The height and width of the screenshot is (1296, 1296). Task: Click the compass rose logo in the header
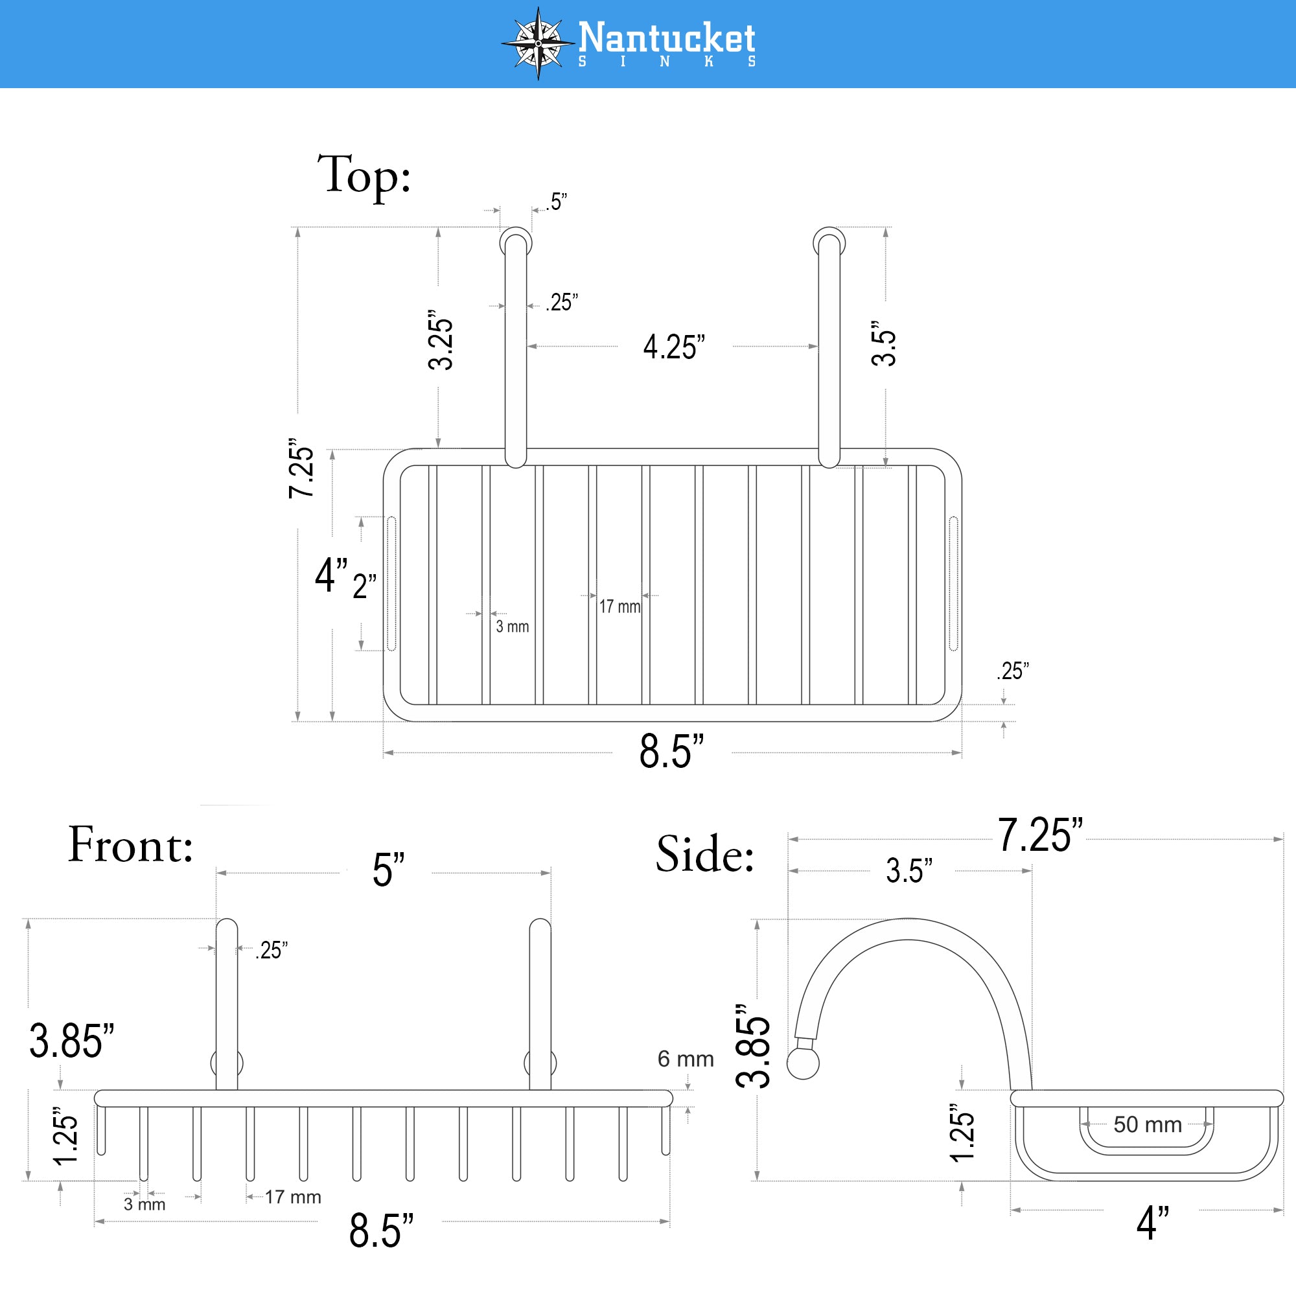click(x=538, y=43)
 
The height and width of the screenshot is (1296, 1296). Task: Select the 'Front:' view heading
click(x=131, y=845)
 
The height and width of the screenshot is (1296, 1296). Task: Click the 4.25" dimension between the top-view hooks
click(x=674, y=347)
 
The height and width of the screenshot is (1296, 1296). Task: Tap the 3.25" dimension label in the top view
click(x=441, y=340)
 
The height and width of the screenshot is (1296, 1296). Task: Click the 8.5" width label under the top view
click(x=671, y=751)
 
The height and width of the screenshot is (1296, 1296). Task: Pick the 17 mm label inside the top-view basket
click(x=620, y=607)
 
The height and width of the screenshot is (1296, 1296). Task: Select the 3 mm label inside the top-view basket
click(x=513, y=627)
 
